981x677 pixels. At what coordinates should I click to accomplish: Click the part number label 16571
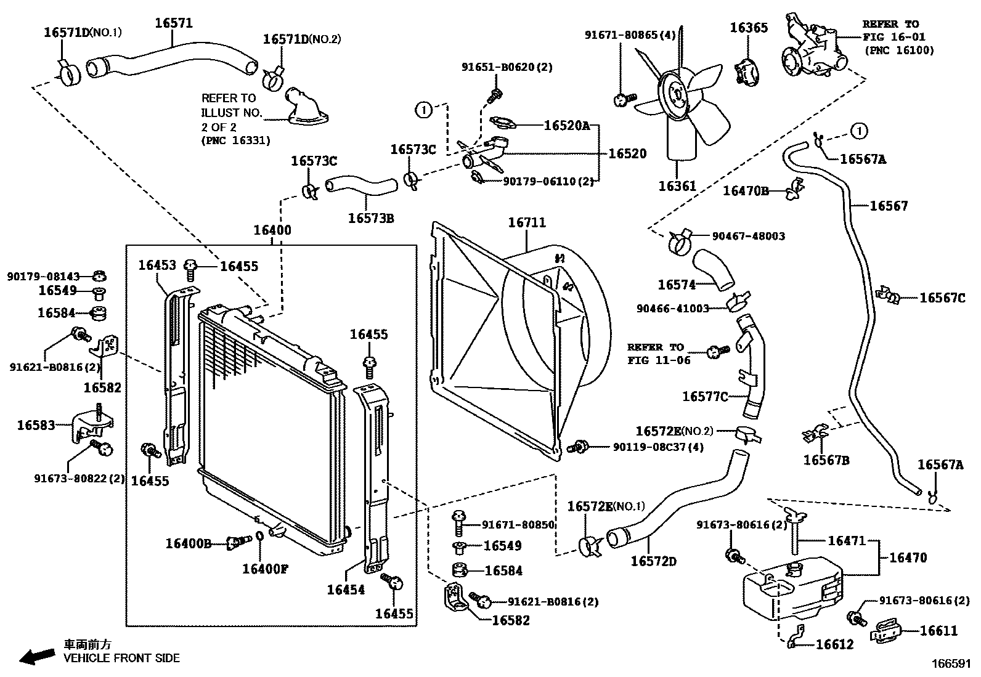173,23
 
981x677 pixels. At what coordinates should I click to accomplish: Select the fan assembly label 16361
677,185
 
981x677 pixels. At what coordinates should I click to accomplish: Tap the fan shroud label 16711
526,222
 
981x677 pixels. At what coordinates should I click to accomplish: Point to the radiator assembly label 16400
272,230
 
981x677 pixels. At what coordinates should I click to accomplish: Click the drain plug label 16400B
189,543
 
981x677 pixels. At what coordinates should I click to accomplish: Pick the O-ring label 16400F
265,569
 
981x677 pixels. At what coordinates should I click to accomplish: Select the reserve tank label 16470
908,557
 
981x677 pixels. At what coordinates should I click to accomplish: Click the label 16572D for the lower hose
653,561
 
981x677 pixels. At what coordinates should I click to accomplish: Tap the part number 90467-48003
748,236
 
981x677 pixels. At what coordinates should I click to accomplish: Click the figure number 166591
951,664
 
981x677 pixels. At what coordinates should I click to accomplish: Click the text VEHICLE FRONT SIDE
122,658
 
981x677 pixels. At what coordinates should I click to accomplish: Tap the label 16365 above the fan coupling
749,28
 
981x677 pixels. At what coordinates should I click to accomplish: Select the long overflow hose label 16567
889,206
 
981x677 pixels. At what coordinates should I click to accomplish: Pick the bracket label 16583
36,425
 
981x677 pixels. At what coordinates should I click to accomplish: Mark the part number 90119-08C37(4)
657,447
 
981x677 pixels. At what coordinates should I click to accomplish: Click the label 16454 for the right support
345,590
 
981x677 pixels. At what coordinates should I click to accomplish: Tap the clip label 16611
938,630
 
